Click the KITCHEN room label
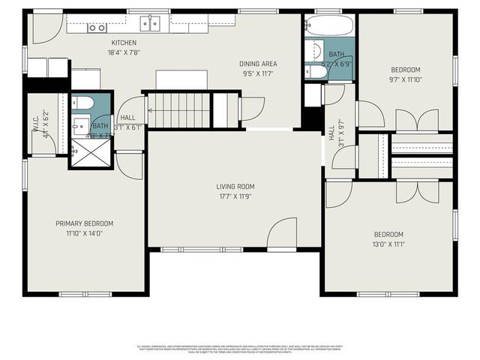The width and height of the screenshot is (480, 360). pyautogui.click(x=124, y=43)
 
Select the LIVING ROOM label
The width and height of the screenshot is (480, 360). pyautogui.click(x=235, y=187)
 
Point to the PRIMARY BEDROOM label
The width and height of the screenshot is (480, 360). pyautogui.click(x=84, y=223)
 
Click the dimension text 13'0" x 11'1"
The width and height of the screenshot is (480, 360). pyautogui.click(x=388, y=244)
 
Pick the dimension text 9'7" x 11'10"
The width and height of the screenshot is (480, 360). pyautogui.click(x=406, y=79)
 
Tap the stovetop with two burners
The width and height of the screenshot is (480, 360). pyautogui.click(x=97, y=28)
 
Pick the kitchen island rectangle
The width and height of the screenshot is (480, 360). pyautogui.click(x=181, y=79)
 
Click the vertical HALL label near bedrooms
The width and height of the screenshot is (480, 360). pyautogui.click(x=332, y=132)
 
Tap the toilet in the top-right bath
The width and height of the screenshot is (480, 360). pyautogui.click(x=312, y=72)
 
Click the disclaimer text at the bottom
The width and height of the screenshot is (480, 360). pyautogui.click(x=239, y=348)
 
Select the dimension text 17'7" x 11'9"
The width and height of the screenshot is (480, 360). pyautogui.click(x=235, y=197)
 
